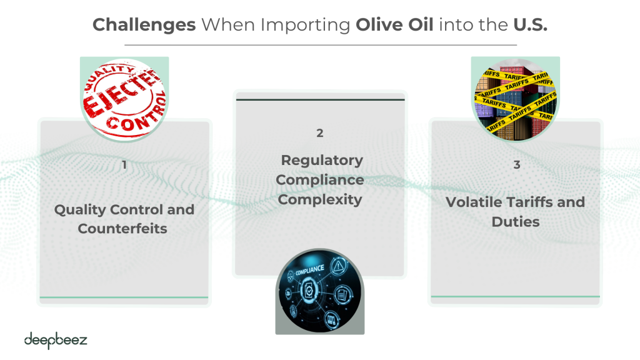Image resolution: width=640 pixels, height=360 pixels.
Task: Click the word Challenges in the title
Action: [144, 25]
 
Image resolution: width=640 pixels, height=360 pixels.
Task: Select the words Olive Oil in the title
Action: [394, 24]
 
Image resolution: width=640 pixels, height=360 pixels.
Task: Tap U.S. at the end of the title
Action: [530, 24]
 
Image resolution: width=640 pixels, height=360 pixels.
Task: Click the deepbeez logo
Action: [56, 341]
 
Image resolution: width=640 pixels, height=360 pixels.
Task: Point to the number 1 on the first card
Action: [124, 165]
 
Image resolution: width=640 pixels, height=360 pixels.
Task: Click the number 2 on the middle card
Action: [320, 133]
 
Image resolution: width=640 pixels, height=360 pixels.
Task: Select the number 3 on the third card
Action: [517, 165]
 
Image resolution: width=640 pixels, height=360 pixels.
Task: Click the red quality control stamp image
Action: [124, 99]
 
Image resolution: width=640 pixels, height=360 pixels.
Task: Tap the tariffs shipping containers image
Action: [516, 99]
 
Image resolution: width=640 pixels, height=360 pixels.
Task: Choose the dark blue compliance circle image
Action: [320, 291]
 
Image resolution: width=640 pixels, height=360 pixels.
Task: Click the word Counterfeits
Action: [122, 229]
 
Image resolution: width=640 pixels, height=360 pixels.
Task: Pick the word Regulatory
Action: [322, 161]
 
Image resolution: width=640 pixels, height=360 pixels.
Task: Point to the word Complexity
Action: [320, 199]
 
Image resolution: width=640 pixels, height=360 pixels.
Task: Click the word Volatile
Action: [474, 202]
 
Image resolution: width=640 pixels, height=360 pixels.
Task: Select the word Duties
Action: [516, 222]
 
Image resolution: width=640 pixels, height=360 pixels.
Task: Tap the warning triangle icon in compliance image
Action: [338, 267]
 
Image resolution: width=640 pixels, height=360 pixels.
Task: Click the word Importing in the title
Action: [306, 25]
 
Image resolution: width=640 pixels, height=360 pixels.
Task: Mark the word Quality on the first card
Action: [80, 210]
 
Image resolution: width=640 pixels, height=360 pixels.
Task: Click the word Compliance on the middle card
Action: [320, 180]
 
